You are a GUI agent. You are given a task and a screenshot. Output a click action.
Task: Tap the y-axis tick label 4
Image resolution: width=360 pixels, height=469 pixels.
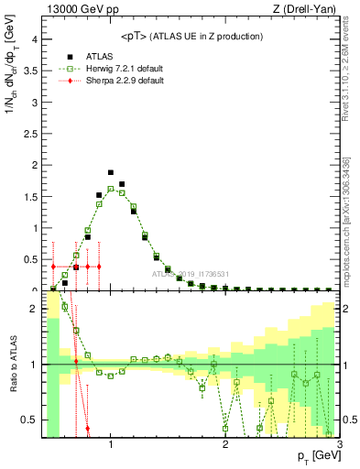34,39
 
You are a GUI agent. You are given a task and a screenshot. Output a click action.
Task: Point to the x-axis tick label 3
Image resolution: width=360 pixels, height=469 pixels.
339,445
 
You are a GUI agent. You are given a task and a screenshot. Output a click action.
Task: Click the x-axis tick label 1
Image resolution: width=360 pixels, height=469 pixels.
111,445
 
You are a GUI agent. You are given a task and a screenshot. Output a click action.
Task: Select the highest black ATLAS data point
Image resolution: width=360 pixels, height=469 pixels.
111,172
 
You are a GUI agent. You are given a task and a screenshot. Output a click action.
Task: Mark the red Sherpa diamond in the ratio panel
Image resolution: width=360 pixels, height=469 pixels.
87,428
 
